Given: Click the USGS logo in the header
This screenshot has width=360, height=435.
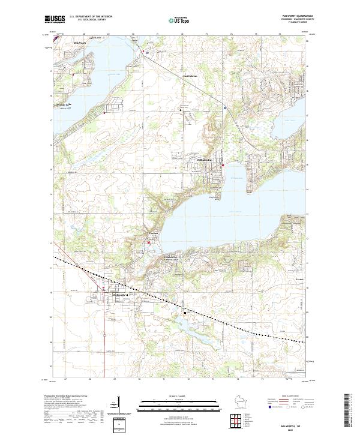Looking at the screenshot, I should coord(54,19).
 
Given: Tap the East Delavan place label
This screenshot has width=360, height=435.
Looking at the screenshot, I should coord(190,76).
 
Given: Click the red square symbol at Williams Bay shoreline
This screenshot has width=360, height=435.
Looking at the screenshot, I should coord(223,166).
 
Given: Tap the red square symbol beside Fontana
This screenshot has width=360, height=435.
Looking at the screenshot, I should coord(149,241).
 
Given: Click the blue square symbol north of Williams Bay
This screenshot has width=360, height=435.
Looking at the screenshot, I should coord(224,109).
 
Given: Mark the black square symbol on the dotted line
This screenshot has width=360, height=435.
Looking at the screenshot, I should coord(185,313).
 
